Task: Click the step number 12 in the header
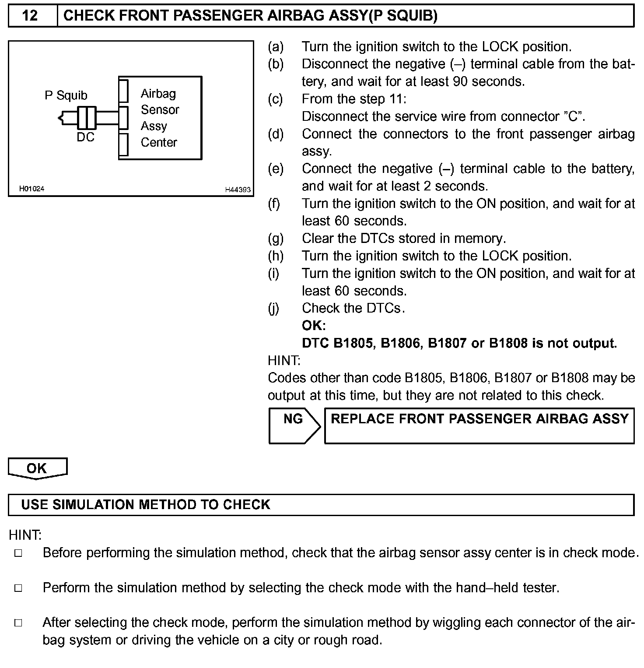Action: tap(30, 16)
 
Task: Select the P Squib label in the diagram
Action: tap(66, 95)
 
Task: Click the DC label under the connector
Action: tap(85, 137)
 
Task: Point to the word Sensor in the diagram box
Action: tap(160, 109)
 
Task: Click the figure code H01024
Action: tap(31, 189)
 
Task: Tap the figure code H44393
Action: tap(238, 190)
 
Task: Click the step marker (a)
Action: tap(276, 47)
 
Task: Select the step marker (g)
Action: tap(276, 239)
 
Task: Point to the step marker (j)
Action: tap(274, 309)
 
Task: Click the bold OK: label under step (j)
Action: tap(314, 326)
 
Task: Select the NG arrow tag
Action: tap(294, 425)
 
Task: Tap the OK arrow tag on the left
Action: tap(37, 468)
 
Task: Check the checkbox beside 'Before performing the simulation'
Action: tap(18, 553)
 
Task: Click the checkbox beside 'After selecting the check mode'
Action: tap(18, 623)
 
